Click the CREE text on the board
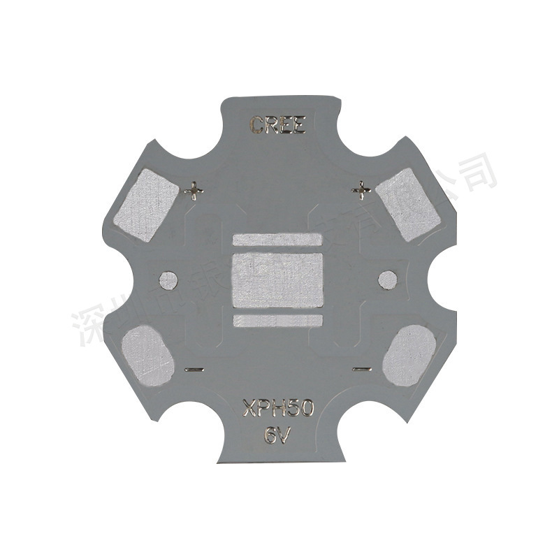[278, 126]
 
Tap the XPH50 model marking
[277, 407]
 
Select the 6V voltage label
[277, 434]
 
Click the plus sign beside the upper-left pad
[193, 189]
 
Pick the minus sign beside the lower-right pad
[361, 368]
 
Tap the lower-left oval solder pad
[147, 356]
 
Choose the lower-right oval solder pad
[410, 356]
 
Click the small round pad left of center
[168, 280]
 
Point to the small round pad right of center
[387, 279]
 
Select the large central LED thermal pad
[277, 280]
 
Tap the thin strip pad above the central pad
[277, 240]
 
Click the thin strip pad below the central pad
[277, 321]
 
